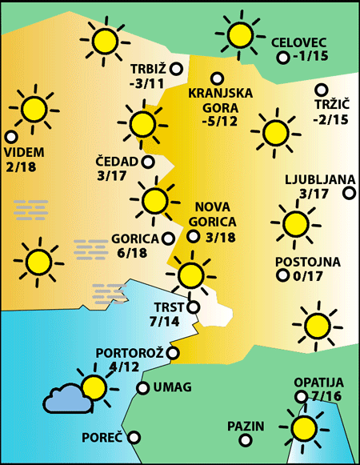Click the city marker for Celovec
click(x=282, y=58)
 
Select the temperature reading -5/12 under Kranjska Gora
click(x=221, y=122)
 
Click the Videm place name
click(x=24, y=152)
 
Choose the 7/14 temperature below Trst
click(x=165, y=322)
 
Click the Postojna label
click(x=307, y=262)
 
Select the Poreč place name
click(x=102, y=439)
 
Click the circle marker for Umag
click(x=142, y=388)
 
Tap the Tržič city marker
click(x=322, y=90)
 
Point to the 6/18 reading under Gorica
click(x=132, y=253)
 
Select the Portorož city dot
click(x=173, y=353)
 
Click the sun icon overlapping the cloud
click(x=94, y=388)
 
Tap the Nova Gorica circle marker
click(x=193, y=236)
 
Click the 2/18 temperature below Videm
click(x=21, y=166)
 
